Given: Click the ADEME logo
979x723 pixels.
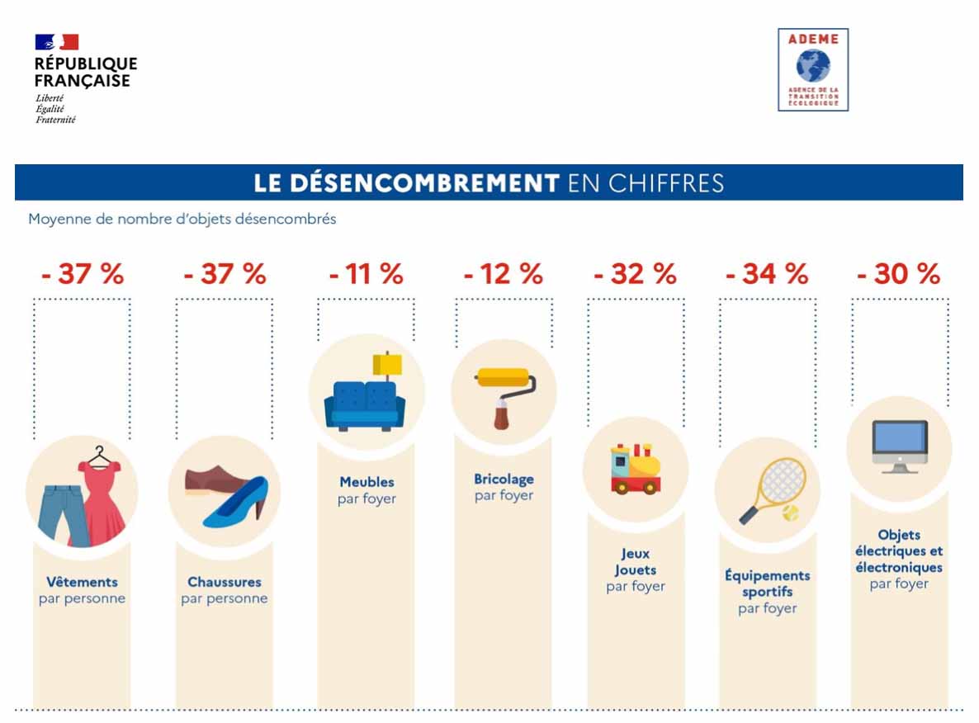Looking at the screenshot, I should pos(813,69).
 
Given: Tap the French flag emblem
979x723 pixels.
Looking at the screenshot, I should pos(57,42).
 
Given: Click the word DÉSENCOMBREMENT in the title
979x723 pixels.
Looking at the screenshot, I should pos(406,182).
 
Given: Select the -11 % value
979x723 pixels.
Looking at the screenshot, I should pos(366,274).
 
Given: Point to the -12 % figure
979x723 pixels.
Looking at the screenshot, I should pos(503,274).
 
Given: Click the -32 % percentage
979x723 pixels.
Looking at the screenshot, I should pos(635,274).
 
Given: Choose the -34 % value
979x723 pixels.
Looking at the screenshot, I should pos(767,274).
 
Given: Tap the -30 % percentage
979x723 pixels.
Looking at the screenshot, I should pos(898,274).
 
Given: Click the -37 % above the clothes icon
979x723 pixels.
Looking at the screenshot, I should pos(82,274).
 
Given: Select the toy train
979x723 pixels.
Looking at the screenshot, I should pos(635,470).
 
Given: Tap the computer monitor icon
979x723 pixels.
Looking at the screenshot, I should pos(899,446).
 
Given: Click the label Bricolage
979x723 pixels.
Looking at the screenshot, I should pos(504,479).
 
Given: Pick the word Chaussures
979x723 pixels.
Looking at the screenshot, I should pos(224,582).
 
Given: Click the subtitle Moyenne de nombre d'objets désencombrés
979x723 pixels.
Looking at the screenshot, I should pos(182,220).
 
